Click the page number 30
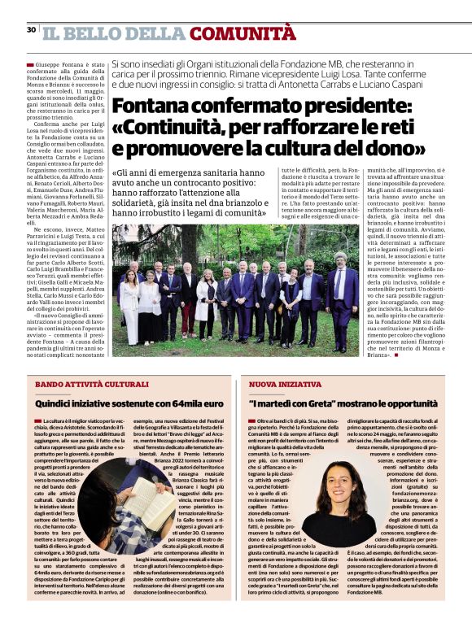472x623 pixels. (31, 30)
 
